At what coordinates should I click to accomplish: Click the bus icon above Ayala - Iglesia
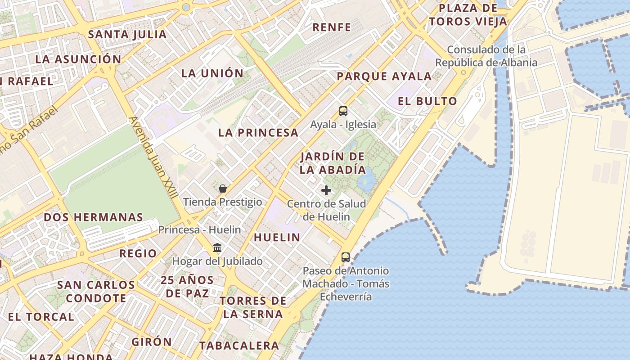(x=343, y=111)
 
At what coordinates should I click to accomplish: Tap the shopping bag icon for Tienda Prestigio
(x=222, y=188)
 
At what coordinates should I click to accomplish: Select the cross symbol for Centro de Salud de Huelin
(x=326, y=190)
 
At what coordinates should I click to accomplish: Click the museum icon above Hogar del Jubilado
(x=217, y=247)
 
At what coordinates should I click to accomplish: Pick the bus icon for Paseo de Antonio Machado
(x=345, y=257)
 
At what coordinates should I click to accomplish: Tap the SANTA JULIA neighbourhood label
(x=127, y=34)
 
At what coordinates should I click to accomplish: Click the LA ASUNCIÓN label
(x=78, y=59)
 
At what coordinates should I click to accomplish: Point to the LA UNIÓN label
(x=212, y=73)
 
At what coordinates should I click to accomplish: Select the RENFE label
(x=332, y=27)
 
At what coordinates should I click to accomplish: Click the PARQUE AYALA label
(x=384, y=76)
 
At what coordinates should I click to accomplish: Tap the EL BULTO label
(x=427, y=101)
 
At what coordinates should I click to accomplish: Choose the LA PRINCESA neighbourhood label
(x=258, y=133)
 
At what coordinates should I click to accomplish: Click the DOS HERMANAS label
(x=93, y=217)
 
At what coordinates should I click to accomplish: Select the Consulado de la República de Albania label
(x=486, y=56)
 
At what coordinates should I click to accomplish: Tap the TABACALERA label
(x=239, y=346)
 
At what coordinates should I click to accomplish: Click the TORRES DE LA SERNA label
(x=253, y=307)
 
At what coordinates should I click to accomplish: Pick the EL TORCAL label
(x=41, y=317)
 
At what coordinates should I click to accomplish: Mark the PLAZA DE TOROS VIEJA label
(x=468, y=14)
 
